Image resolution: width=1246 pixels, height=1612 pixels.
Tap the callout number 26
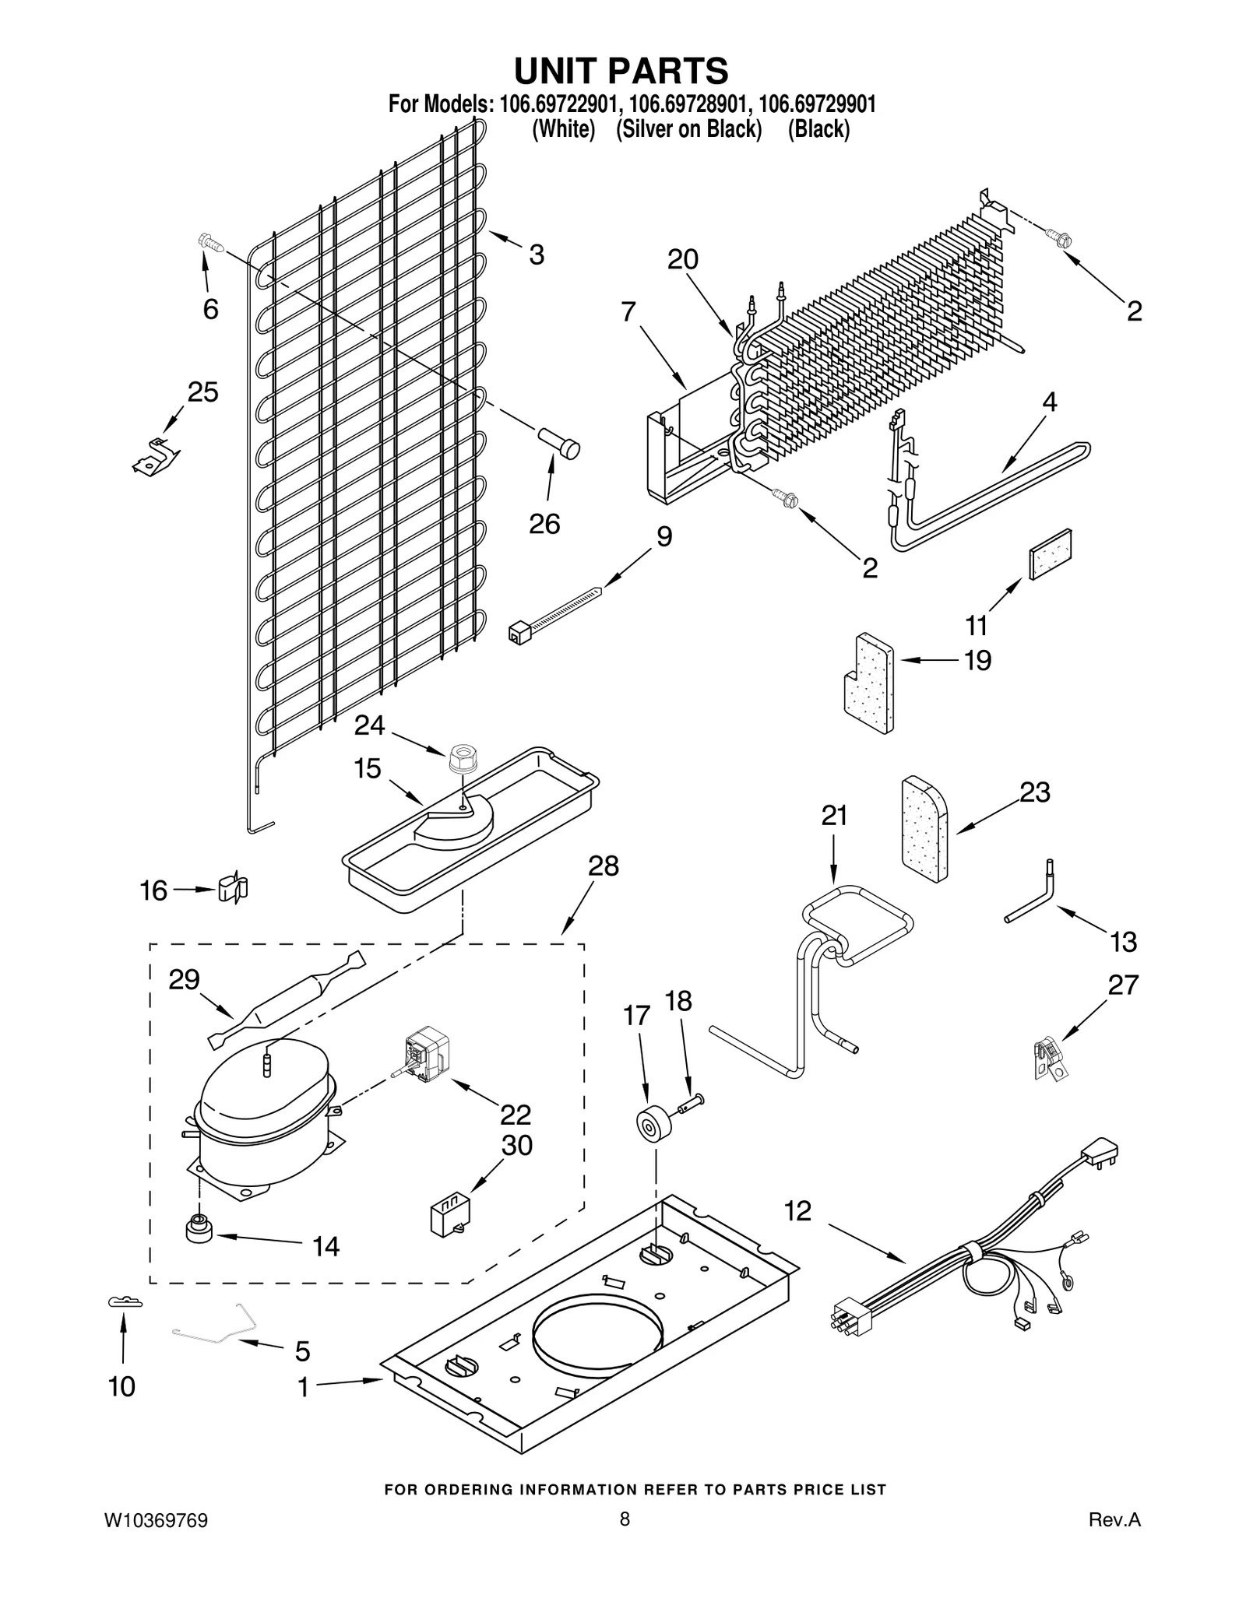click(x=544, y=524)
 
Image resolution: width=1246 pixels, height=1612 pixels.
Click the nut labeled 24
click(x=462, y=757)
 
